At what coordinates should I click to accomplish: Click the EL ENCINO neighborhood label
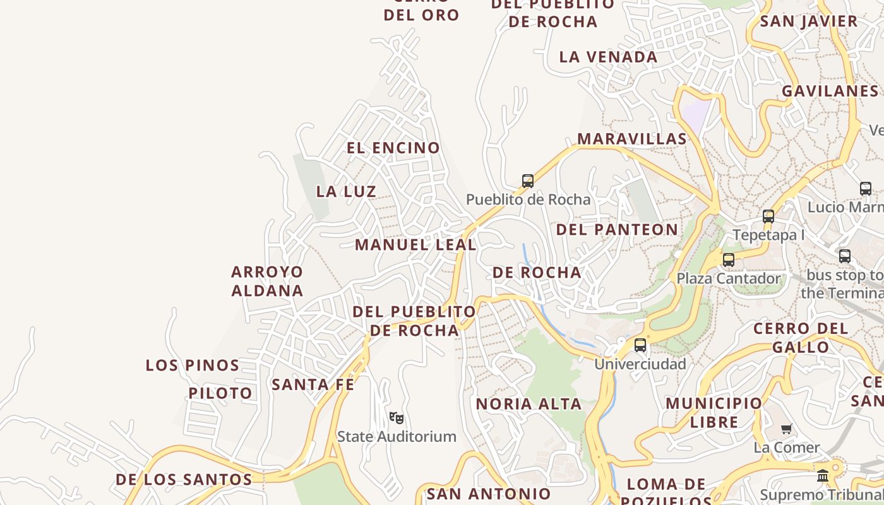tap(393, 148)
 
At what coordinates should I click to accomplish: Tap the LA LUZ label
tap(346, 191)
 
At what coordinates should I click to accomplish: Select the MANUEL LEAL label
tap(415, 244)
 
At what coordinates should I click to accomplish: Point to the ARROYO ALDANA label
tap(267, 281)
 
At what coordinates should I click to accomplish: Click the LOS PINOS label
tap(193, 365)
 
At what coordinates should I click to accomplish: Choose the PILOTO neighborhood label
tap(220, 393)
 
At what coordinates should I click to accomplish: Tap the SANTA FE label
tap(313, 384)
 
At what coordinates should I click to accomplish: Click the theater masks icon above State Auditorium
tap(397, 417)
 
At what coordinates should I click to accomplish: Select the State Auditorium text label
tap(397, 436)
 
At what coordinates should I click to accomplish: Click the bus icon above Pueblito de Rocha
tap(528, 181)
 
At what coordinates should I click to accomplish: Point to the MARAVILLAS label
tap(631, 139)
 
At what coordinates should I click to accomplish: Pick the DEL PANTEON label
tap(617, 229)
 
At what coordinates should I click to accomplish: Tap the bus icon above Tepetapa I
tap(768, 217)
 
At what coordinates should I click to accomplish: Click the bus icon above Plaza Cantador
tap(729, 259)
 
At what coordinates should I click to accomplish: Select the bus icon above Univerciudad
tap(640, 345)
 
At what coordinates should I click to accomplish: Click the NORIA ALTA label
tap(529, 404)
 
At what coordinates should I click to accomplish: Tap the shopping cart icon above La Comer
tap(787, 429)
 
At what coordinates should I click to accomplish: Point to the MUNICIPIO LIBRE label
tap(714, 412)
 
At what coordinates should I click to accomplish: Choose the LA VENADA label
tap(608, 57)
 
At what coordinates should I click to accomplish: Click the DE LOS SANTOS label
tap(184, 479)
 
